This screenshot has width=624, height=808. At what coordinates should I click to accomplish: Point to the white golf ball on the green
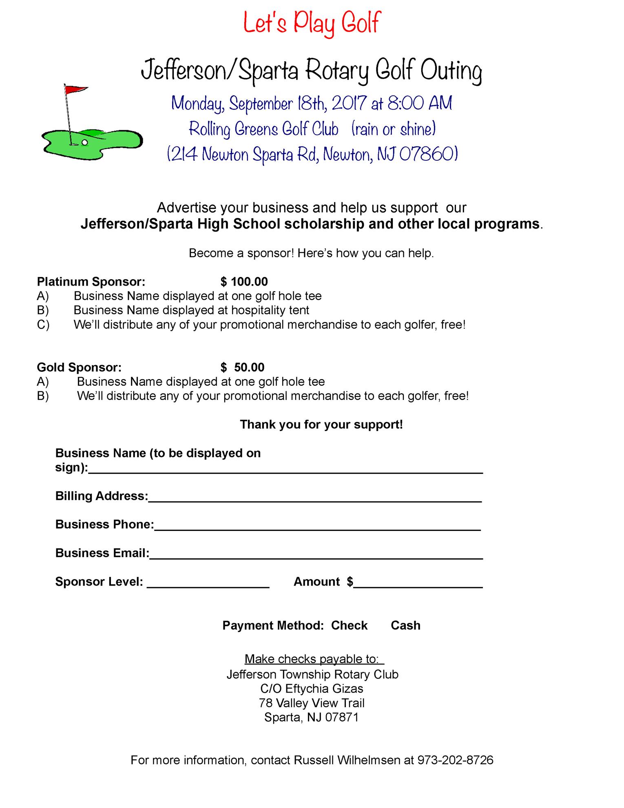pyautogui.click(x=84, y=142)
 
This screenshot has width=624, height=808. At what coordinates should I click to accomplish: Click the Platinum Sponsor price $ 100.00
pyautogui.click(x=244, y=282)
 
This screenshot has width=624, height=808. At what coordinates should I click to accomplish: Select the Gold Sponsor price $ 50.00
pyautogui.click(x=242, y=367)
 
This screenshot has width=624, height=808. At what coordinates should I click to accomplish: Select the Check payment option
pyautogui.click(x=349, y=626)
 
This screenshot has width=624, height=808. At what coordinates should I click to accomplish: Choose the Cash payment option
pyautogui.click(x=405, y=626)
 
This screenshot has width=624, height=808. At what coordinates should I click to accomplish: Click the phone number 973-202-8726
pyautogui.click(x=455, y=760)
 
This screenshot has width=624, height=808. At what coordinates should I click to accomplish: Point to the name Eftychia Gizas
pyautogui.click(x=324, y=689)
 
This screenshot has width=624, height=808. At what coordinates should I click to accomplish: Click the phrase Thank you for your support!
pyautogui.click(x=321, y=424)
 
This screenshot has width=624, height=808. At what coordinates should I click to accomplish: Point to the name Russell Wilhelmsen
pyautogui.click(x=347, y=760)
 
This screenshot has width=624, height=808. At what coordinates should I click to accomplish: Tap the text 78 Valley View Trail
pyautogui.click(x=312, y=703)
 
